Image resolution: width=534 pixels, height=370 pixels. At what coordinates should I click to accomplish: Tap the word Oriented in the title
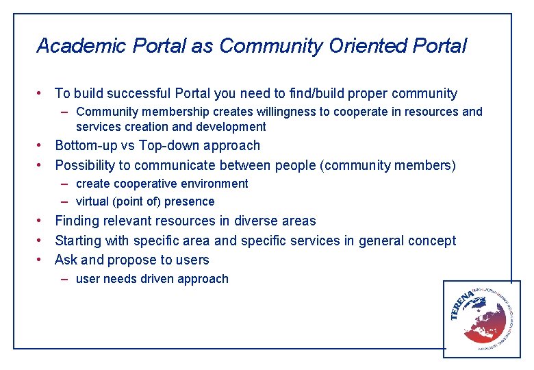[x=368, y=46]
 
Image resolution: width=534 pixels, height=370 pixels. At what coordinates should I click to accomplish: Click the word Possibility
[x=86, y=165]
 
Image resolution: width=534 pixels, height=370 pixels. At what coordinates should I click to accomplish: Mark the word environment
[x=216, y=184]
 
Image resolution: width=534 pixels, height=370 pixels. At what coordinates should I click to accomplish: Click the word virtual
[x=92, y=201]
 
